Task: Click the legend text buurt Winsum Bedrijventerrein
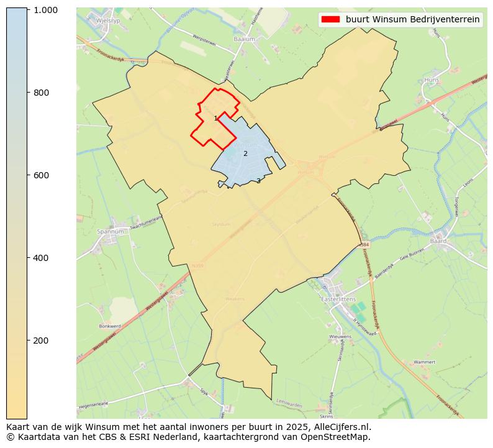click(x=412, y=19)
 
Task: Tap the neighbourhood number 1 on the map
click(x=215, y=118)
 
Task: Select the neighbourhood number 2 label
click(x=245, y=153)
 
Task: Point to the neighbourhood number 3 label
click(x=258, y=181)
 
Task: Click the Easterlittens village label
click(x=338, y=299)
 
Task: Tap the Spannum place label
click(x=111, y=231)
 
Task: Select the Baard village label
click(x=438, y=240)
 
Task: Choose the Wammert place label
click(x=424, y=362)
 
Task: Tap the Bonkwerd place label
click(x=109, y=326)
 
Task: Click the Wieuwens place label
click(x=340, y=337)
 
